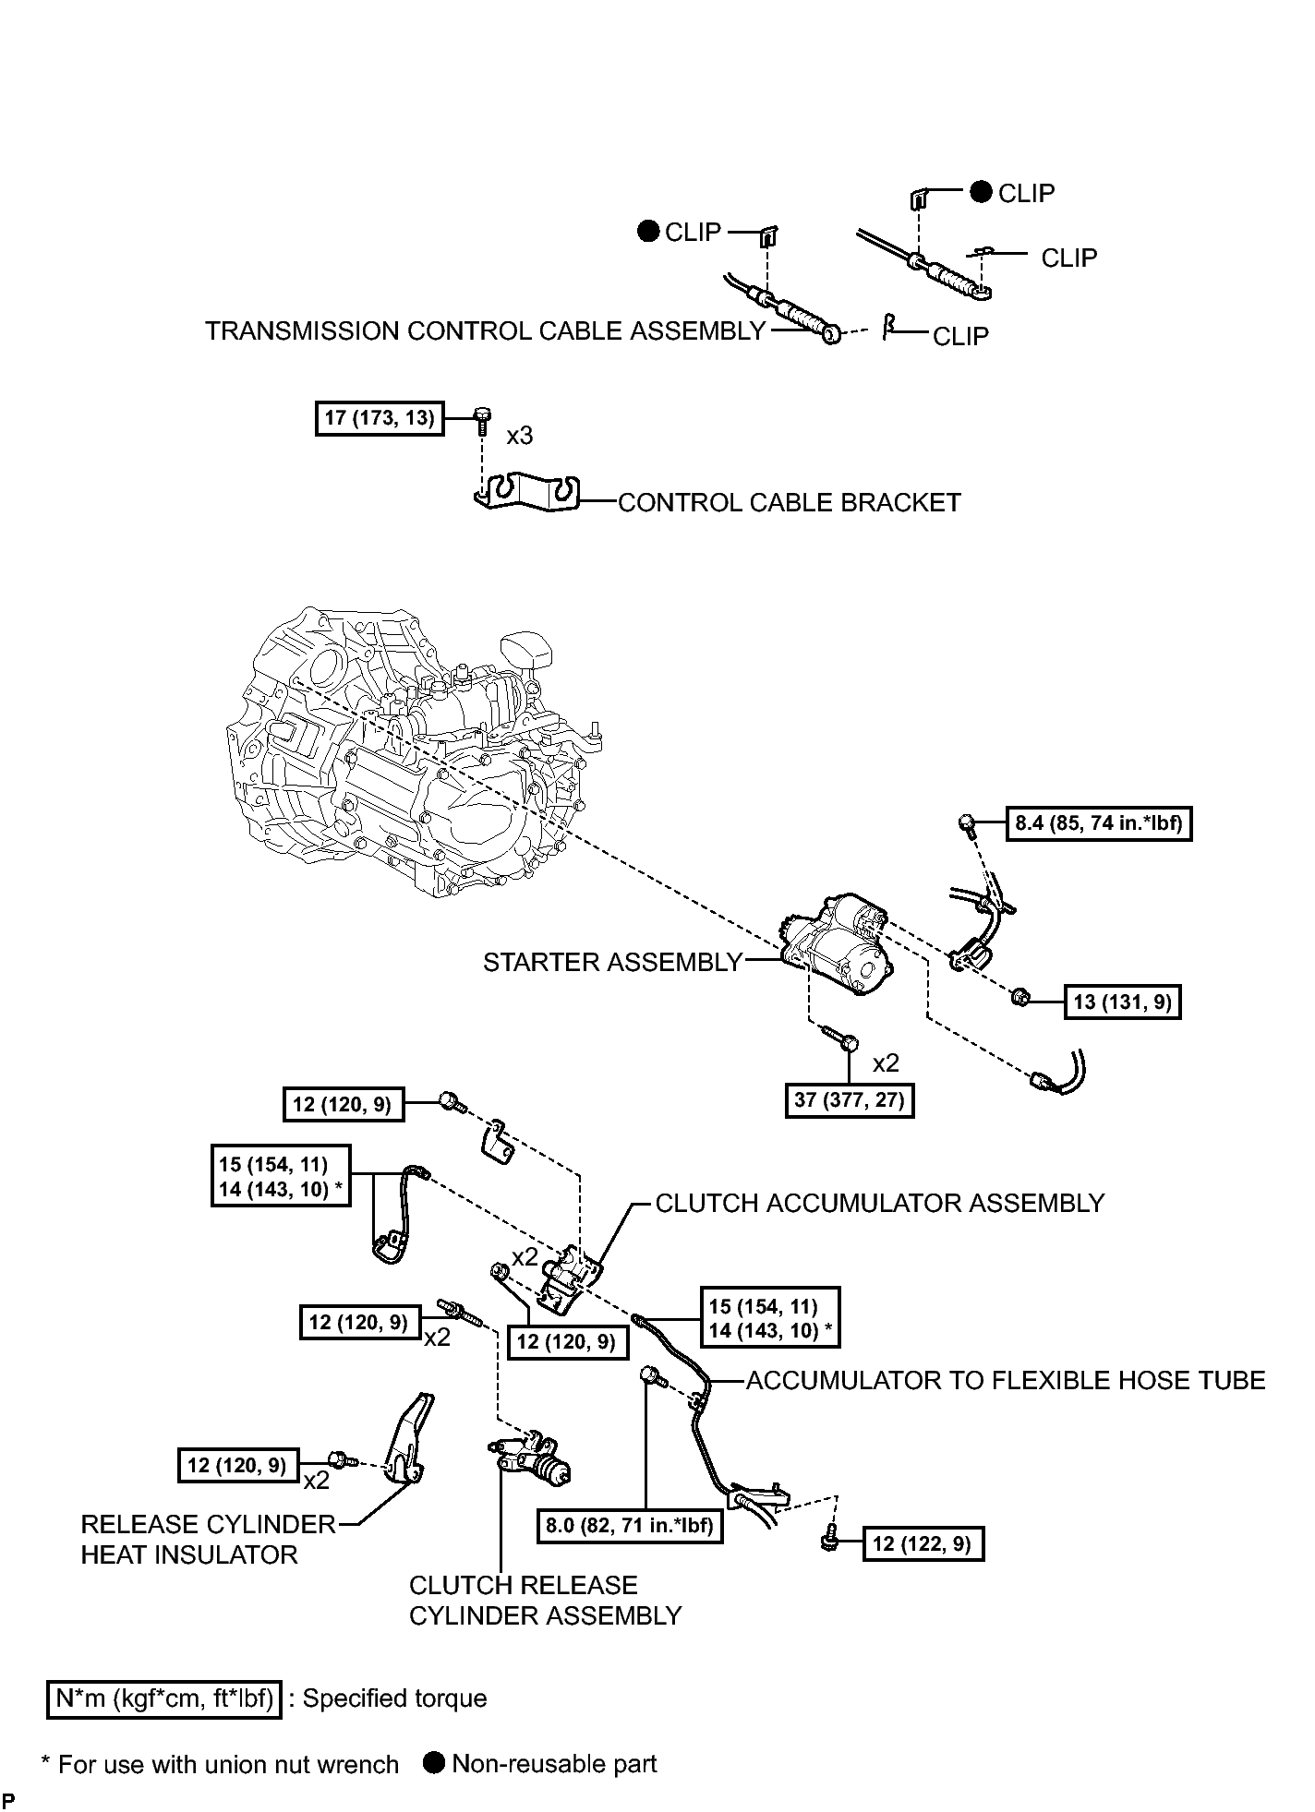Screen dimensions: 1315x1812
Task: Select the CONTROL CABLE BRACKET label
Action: click(x=789, y=502)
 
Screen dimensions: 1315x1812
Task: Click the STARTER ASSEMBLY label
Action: click(x=612, y=962)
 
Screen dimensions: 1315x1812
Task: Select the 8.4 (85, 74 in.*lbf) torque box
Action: click(x=1099, y=822)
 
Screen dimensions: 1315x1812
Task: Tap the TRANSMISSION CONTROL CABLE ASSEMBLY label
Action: click(x=485, y=330)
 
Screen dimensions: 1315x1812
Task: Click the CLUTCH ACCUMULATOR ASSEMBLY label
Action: click(x=880, y=1203)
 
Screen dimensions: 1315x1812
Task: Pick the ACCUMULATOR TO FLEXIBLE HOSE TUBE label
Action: click(x=1006, y=1380)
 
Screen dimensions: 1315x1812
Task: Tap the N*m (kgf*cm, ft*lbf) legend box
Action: click(x=163, y=1698)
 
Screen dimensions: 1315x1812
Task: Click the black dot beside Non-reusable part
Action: click(x=434, y=1762)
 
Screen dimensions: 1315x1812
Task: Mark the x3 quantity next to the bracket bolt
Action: click(x=519, y=435)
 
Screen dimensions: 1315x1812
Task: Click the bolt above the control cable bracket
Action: click(x=480, y=419)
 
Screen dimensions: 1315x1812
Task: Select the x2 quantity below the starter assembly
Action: click(x=886, y=1062)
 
